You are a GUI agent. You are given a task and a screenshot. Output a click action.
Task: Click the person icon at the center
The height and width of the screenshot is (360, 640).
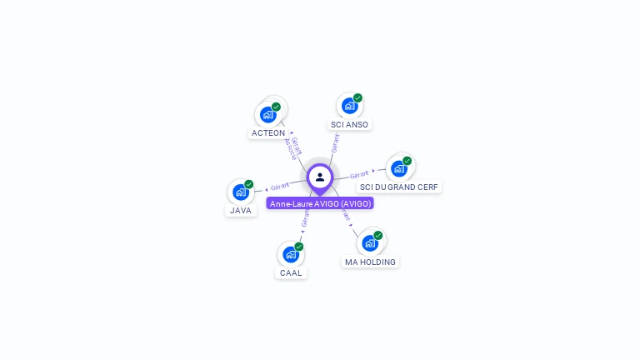[x=320, y=177]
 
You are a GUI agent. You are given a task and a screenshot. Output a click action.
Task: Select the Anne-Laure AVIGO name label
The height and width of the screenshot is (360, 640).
[x=320, y=203]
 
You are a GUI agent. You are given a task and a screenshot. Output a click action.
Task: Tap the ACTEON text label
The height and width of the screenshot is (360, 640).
[x=268, y=133]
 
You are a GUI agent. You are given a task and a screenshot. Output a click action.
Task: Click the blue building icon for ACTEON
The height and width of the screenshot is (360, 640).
[x=268, y=114]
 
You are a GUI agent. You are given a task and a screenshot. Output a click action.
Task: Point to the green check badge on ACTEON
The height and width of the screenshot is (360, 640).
[x=277, y=107]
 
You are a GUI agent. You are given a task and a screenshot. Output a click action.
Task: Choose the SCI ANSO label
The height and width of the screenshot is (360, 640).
[x=349, y=125]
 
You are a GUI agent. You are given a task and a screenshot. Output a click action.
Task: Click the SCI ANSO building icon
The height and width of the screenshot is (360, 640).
[x=349, y=106]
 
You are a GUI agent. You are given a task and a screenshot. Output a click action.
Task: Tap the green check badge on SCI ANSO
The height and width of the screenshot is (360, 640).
[x=358, y=98]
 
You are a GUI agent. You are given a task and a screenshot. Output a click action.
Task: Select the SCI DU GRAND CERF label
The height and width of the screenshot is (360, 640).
[x=399, y=187]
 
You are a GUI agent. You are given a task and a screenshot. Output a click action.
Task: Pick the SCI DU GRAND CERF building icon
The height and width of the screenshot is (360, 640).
[x=398, y=168]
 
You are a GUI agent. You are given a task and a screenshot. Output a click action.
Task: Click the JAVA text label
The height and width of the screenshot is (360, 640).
[x=241, y=211]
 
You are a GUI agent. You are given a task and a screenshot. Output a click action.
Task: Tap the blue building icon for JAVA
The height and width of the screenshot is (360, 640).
[x=241, y=192]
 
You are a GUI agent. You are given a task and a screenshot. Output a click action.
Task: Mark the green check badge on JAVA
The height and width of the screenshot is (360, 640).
[x=249, y=184]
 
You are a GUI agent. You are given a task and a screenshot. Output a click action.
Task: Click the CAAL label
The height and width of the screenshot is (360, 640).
[x=291, y=273]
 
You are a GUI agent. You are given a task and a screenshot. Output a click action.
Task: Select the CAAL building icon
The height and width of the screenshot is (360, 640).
[x=290, y=254]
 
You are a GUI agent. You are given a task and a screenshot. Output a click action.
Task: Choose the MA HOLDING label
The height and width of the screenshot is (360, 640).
[x=370, y=262]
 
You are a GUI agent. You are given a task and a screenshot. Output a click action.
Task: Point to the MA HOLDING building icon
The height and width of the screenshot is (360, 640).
[x=369, y=243]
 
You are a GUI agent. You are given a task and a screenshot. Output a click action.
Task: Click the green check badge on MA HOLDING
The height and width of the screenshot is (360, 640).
[x=378, y=236]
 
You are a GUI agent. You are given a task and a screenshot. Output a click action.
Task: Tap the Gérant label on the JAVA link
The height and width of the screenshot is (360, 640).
[x=280, y=186]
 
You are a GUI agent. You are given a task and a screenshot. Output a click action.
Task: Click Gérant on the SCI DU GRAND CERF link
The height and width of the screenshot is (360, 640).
[x=359, y=175]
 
